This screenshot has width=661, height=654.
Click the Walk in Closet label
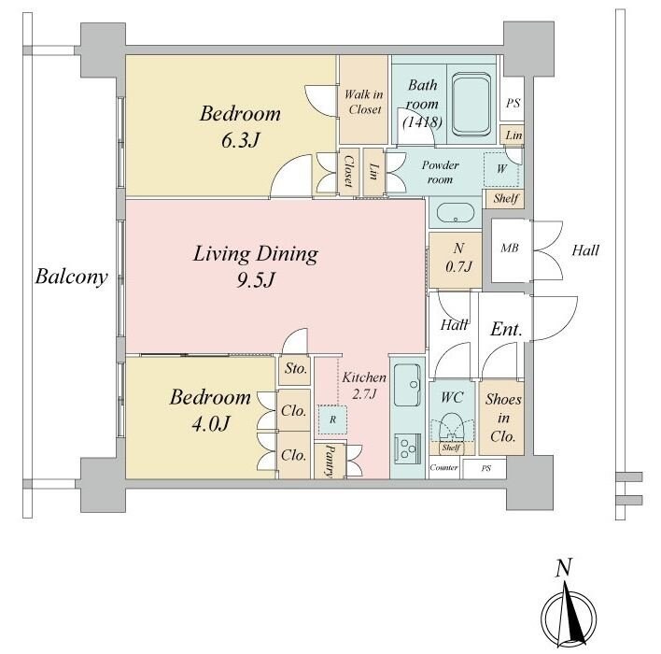coord(364,102)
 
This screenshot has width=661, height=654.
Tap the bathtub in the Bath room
coord(471,105)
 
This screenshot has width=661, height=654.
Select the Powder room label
coord(440,172)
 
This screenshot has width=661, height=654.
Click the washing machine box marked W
coord(501,169)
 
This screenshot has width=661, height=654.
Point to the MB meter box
coord(510,251)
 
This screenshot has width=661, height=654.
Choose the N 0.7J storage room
coord(456,260)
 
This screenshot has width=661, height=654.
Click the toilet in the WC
coord(452,427)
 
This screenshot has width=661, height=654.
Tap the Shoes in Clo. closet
coord(501,418)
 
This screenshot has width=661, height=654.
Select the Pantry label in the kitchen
coord(330,461)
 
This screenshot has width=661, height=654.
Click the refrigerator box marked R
coord(332,419)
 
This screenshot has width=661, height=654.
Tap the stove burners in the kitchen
coord(408,449)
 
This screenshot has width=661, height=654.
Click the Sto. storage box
coord(295,370)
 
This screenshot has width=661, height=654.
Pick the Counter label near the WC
coord(443,467)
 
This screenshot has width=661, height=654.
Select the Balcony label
coord(71,277)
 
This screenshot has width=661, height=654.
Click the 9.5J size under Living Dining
coord(256,280)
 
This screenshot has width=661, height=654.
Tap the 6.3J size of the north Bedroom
coord(240,140)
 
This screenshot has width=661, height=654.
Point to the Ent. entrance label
coord(506,329)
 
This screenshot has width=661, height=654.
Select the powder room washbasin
coord(456,213)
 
